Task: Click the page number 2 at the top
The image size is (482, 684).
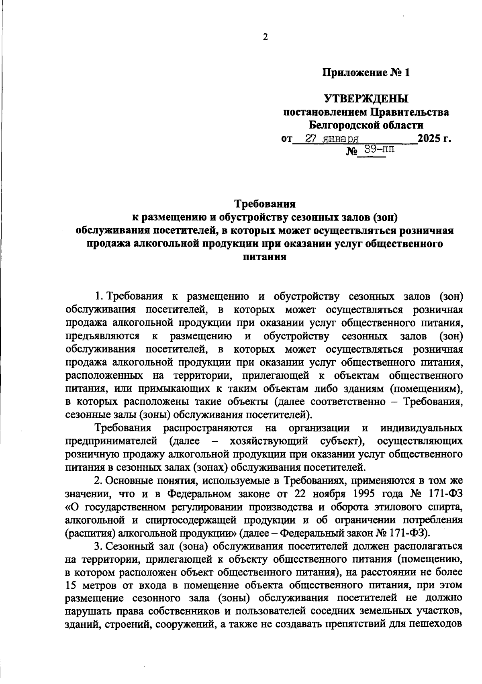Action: (x=265, y=37)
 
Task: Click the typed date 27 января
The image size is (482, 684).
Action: (x=332, y=139)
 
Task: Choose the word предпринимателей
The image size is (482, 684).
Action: (x=111, y=441)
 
